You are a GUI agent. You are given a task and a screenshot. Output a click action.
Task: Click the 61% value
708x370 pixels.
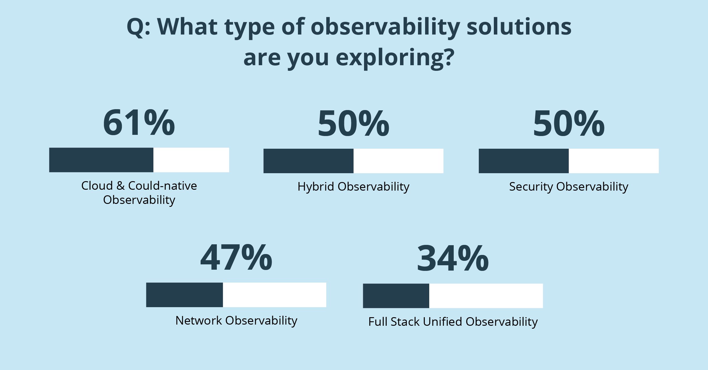pos(139,122)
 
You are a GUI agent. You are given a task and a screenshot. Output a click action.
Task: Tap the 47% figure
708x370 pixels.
pos(236,258)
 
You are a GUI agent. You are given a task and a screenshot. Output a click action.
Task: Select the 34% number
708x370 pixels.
pos(453,258)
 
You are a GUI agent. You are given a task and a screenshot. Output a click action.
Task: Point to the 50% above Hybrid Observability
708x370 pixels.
pos(353,123)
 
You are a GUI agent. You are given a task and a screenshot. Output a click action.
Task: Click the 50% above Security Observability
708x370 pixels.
pos(569,123)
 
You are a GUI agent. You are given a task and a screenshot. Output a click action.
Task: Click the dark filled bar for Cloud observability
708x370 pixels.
pos(101,160)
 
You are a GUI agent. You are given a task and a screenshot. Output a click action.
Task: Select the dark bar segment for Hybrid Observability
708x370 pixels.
pos(308,161)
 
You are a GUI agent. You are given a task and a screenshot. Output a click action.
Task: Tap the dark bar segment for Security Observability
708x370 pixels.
pos(524,161)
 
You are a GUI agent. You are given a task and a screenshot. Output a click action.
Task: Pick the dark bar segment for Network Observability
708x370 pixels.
pos(184,295)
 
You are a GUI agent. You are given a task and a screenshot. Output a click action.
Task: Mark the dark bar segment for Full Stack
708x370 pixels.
pos(396,296)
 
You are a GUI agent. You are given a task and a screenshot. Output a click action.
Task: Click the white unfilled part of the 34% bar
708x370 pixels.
pos(486,296)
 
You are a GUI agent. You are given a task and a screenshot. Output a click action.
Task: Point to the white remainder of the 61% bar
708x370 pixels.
pos(191,160)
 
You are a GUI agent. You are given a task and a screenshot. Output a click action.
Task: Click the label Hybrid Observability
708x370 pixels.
pos(353,187)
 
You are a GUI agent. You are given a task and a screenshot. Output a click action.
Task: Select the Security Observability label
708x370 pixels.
pos(569,187)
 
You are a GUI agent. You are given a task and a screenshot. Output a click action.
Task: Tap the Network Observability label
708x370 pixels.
pos(236,321)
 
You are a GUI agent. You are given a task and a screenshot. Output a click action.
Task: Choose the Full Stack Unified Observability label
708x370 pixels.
pos(453,322)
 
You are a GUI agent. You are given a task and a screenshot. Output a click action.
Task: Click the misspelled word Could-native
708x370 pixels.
pos(163,186)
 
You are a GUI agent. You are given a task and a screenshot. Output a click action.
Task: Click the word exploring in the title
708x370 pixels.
pos(395,58)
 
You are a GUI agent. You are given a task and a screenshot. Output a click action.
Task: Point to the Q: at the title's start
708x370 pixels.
pos(138,27)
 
